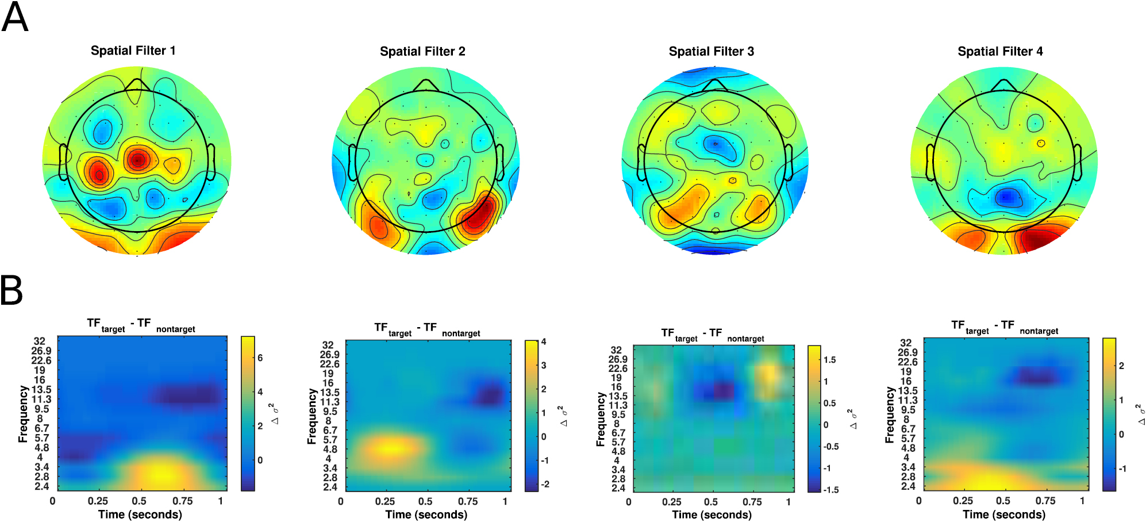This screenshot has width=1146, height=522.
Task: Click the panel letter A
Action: pos(15,17)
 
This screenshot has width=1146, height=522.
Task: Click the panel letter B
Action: pos(11,290)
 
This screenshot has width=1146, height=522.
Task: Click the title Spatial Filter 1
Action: pos(133,51)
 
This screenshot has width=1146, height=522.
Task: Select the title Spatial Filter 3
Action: pos(711,52)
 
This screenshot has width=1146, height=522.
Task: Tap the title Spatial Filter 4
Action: pos(1000,52)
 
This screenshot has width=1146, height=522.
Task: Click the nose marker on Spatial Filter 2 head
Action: pos(425,85)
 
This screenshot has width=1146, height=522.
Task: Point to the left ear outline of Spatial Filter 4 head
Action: pos(929,163)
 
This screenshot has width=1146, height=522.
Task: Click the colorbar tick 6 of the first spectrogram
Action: pos(260,358)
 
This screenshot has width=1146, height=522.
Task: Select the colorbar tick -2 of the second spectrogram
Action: pos(545,484)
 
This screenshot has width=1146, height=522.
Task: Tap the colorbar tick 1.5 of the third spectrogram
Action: pos(829,360)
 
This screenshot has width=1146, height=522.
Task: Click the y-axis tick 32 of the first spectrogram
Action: pos(39,341)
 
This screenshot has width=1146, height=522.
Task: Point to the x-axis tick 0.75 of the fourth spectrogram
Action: pos(1045,501)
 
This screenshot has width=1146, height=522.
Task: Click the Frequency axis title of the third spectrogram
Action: pos(601,419)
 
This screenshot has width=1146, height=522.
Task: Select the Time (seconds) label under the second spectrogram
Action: pos(426,515)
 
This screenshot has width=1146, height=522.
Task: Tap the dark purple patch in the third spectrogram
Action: pos(723,390)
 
